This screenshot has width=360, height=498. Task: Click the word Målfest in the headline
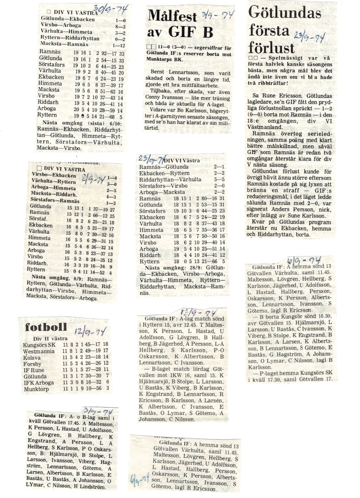point(172,16)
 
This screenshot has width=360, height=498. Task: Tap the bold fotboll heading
point(46,327)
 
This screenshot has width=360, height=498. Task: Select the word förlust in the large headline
point(272,47)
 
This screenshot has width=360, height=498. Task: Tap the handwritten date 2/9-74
point(93,178)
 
